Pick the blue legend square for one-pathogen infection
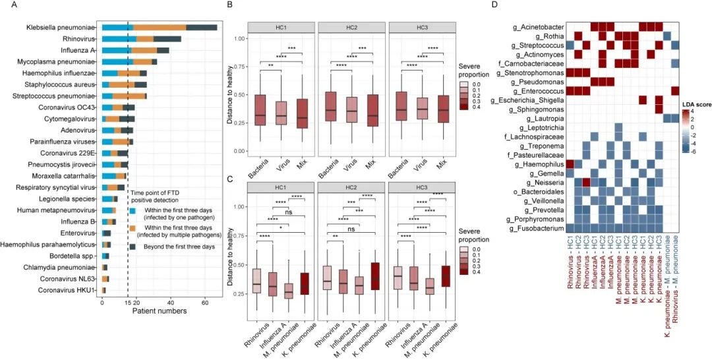132,211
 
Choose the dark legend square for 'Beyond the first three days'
132,246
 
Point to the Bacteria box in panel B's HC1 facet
260,110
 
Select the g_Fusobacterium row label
539,228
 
